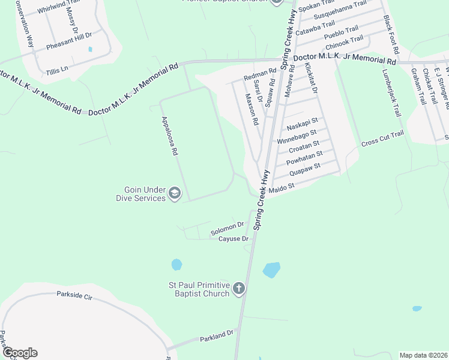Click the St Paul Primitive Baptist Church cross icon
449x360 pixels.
pos(238,289)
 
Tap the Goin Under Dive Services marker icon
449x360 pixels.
pos(174,193)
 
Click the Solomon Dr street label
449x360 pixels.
pos(228,228)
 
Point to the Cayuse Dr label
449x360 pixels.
pos(233,239)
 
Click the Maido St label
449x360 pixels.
pos(282,188)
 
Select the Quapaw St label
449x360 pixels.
pos(306,169)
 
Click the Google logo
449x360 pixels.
pos(19,353)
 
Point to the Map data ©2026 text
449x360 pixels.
pos(423,355)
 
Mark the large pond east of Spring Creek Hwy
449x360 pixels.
pos(271,269)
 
